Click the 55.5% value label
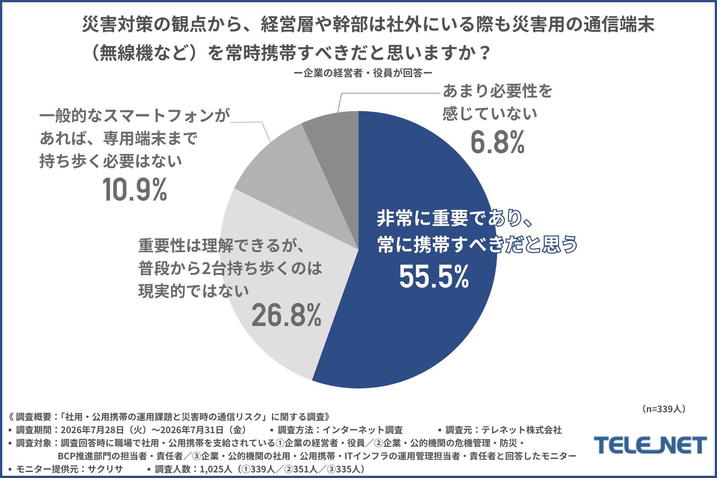(434, 277)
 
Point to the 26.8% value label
(286, 315)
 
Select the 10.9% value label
(135, 190)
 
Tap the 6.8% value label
(497, 142)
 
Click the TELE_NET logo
(651, 445)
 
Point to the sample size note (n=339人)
(664, 409)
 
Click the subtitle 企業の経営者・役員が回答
(363, 73)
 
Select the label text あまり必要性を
(497, 91)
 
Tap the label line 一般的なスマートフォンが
(135, 116)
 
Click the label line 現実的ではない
(194, 291)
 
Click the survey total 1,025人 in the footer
(216, 469)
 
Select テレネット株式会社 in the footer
(521, 430)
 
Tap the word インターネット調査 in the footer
(362, 430)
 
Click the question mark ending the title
(485, 53)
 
